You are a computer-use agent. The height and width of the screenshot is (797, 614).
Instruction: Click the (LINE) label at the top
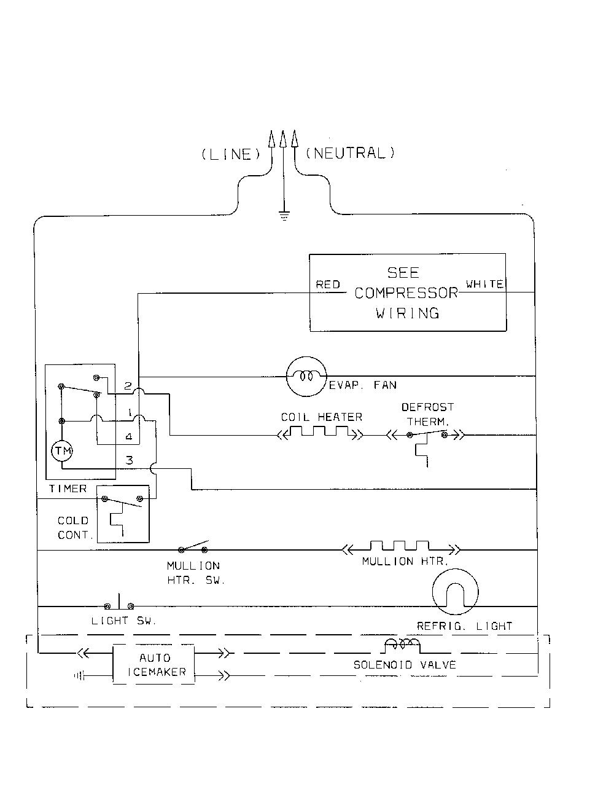point(231,154)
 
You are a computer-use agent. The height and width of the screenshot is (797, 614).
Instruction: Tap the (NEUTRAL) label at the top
point(350,153)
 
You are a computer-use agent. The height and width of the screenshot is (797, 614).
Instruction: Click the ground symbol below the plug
point(284,216)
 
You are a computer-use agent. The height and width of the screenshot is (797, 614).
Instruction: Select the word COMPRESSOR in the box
point(406,293)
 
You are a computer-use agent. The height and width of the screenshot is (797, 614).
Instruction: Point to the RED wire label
point(328,285)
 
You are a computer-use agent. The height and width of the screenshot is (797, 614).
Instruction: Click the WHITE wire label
point(484,284)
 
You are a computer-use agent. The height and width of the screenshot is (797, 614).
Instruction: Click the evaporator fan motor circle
point(306,376)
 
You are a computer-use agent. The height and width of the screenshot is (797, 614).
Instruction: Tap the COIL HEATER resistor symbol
point(320,431)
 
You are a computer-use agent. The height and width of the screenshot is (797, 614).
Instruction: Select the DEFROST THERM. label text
point(427,414)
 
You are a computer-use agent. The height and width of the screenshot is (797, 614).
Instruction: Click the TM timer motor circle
point(62,451)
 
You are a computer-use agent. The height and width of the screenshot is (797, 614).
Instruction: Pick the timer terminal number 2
point(128,386)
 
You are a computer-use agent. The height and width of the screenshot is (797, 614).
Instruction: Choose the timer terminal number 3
point(129,460)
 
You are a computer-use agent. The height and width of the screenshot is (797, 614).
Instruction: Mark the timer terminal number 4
point(128,436)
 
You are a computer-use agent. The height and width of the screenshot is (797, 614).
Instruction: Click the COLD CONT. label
point(73,528)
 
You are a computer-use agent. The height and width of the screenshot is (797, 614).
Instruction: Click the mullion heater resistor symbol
point(400,547)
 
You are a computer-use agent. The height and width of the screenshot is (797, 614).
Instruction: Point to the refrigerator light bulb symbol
point(455,592)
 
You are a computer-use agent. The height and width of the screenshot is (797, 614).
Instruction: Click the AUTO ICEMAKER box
point(153,665)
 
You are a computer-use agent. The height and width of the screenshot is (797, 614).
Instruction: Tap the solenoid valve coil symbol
point(402,646)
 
